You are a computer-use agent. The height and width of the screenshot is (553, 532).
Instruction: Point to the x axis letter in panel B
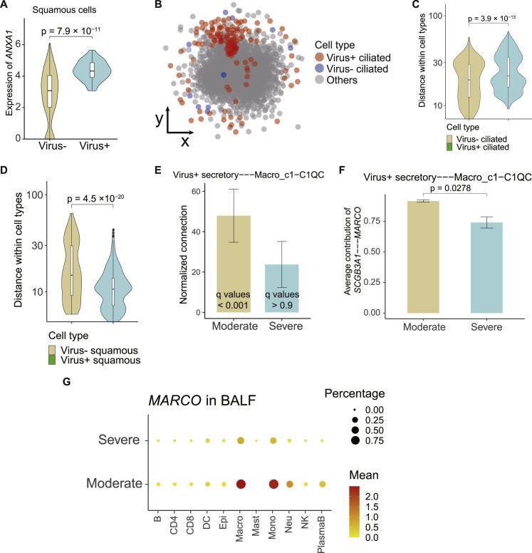(x=184, y=141)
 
